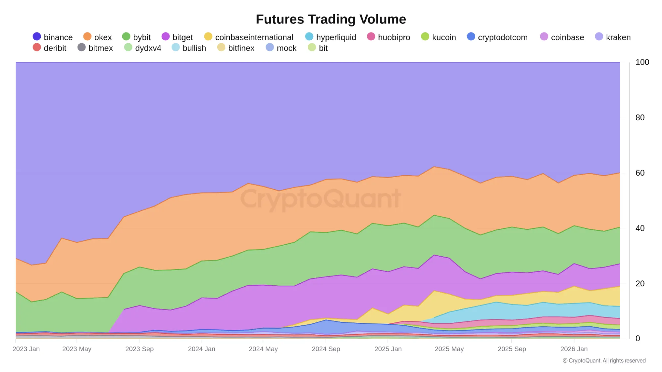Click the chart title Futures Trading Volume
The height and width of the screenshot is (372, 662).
pos(331,19)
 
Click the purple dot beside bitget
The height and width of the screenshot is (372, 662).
pos(166,37)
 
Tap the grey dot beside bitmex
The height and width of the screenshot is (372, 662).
pos(81,48)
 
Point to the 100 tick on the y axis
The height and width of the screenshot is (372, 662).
pos(642,62)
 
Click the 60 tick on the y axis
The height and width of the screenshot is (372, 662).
pos(640,173)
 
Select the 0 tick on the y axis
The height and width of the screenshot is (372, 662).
pos(637,339)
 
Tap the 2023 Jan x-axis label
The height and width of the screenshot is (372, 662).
pos(26,349)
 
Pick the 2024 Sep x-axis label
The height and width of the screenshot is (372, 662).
pos(326,349)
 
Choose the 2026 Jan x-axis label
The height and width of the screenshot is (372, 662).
pos(574,349)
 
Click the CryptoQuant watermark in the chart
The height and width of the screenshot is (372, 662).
pos(321,199)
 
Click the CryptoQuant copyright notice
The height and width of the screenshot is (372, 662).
pos(604,360)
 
